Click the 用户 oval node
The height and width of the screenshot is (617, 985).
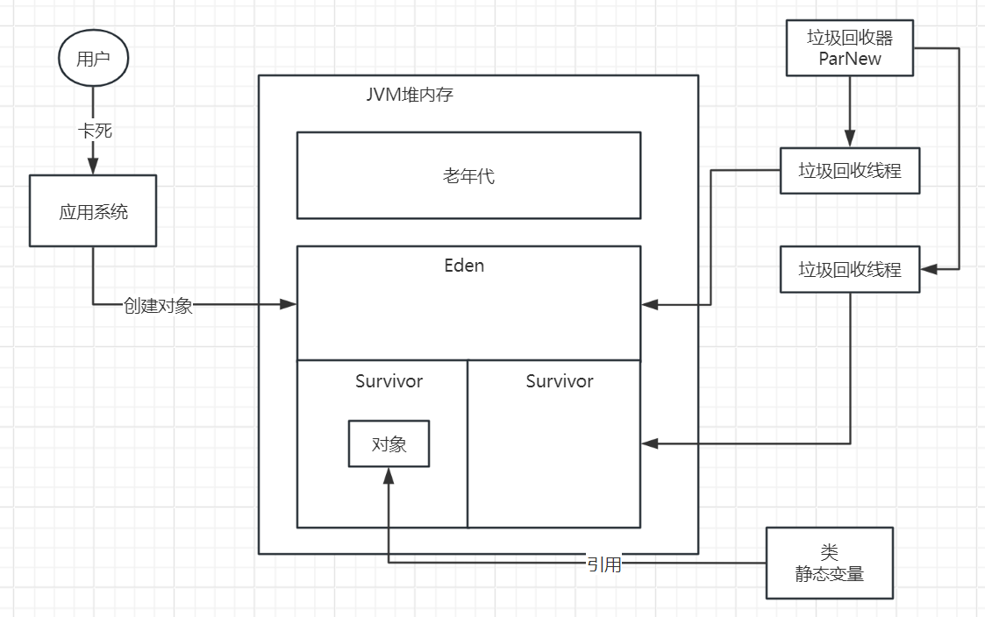[93, 59]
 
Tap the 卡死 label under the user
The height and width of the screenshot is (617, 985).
[94, 131]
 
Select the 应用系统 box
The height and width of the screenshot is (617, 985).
[93, 211]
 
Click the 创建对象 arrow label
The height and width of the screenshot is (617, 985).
[158, 305]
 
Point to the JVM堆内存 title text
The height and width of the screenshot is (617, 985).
[410, 95]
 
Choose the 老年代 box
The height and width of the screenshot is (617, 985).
[468, 175]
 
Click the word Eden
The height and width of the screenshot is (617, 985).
[464, 266]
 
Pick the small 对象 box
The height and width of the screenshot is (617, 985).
[389, 443]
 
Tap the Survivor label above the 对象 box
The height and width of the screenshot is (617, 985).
[389, 381]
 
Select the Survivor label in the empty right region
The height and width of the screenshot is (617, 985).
[560, 381]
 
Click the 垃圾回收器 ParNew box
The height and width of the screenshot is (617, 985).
[849, 47]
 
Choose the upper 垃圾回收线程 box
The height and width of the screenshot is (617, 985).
[849, 170]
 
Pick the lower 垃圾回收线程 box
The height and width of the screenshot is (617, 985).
[849, 269]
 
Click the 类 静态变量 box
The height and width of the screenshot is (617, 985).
[829, 563]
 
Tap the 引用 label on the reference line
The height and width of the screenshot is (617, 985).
[604, 564]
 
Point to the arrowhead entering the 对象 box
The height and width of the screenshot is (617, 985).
[389, 474]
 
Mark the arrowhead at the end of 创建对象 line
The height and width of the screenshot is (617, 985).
[289, 304]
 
